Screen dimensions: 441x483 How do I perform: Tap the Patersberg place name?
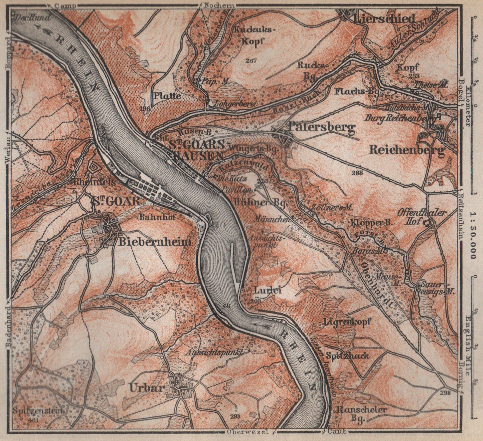[x=321, y=128]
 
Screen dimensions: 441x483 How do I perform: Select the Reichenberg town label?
[x=407, y=150]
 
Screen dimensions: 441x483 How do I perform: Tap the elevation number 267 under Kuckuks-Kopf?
[x=251, y=61]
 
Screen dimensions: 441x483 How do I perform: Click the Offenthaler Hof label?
[x=422, y=217]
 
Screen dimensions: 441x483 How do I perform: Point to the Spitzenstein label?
[x=38, y=411]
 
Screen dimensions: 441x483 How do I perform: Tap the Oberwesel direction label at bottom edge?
[x=243, y=432]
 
